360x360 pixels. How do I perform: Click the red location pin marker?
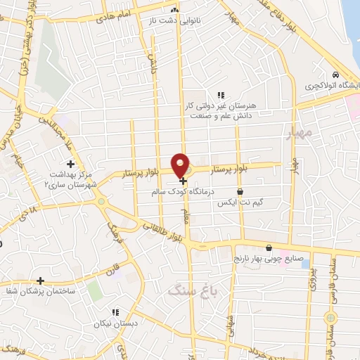[181, 165]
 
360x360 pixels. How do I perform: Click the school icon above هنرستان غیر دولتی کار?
[220, 95]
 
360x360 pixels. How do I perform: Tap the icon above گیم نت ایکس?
[240, 191]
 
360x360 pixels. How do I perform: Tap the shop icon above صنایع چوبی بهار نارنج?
[269, 247]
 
